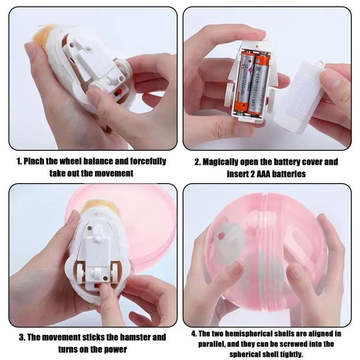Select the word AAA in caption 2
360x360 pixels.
click(264, 174)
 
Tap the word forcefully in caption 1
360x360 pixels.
click(148, 161)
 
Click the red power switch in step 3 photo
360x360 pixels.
click(98, 286)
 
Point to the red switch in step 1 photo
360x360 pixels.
click(118, 93)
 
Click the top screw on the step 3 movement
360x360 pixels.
click(90, 228)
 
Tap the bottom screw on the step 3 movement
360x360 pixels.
click(106, 279)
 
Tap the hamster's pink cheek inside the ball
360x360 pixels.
click(221, 236)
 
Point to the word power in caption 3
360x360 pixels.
click(116, 349)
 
